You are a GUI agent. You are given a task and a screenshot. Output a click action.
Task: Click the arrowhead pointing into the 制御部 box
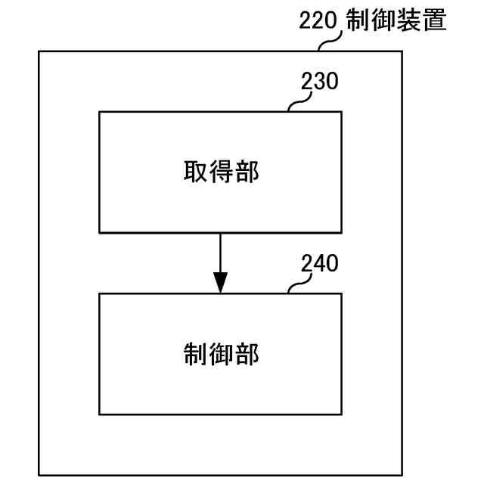pos(220,283)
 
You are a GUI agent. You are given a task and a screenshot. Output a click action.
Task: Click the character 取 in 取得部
pos(195,172)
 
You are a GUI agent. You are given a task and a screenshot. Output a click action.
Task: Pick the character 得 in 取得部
pos(221,172)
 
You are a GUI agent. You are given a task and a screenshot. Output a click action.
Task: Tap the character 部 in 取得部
pos(247,172)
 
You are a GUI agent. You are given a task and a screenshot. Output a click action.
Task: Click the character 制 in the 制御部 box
pos(195,354)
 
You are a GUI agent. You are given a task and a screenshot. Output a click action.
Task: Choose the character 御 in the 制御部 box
pos(221,354)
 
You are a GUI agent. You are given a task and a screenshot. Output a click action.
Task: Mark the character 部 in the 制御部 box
pos(247,354)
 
